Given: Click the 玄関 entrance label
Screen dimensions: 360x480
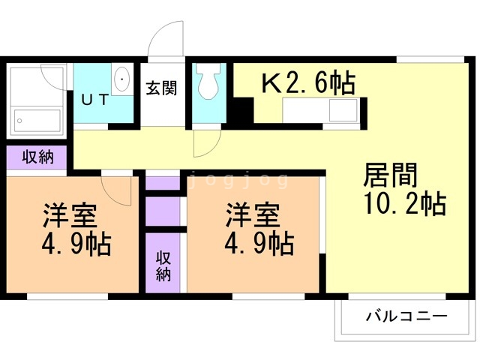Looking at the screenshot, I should click(160, 88).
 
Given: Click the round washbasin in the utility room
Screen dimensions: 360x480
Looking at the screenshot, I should click(121, 78).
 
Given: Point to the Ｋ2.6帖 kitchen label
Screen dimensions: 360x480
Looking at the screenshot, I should click(307, 83).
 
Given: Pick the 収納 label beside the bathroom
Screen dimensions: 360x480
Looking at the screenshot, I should click(37, 157).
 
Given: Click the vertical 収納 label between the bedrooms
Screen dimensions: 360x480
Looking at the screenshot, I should click(163, 265).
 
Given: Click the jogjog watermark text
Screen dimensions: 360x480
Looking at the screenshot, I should click(237, 181).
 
